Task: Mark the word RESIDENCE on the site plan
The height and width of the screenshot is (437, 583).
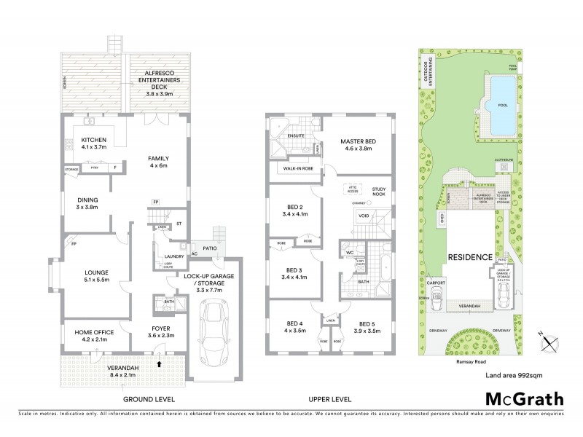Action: (468, 257)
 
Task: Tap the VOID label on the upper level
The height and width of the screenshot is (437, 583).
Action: (364, 216)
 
